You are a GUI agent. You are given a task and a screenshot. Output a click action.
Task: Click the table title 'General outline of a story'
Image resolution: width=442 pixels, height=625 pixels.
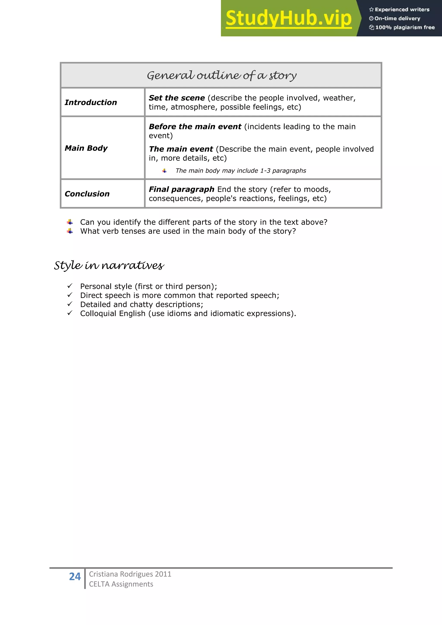pyautogui.click(x=222, y=75)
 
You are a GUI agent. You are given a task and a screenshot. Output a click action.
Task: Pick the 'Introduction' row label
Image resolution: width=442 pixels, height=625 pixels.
pyautogui.click(x=91, y=102)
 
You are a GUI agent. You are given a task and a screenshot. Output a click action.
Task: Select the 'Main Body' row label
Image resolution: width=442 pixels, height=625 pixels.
pyautogui.click(x=86, y=148)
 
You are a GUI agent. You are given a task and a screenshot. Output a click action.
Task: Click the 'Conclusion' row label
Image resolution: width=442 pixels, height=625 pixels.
pyautogui.click(x=87, y=194)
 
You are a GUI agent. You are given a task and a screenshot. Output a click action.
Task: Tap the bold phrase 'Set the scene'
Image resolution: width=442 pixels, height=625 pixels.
pyautogui.click(x=177, y=98)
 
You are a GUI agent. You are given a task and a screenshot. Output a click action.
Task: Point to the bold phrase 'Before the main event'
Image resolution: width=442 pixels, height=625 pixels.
pyautogui.click(x=195, y=127)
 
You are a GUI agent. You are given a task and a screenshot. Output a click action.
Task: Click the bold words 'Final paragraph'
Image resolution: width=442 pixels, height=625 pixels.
pyautogui.click(x=182, y=189)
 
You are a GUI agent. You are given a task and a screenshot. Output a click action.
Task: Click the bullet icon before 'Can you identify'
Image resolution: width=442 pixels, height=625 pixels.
pyautogui.click(x=70, y=222)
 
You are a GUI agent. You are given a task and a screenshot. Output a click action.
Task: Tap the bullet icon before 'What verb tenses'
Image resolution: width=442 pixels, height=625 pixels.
pyautogui.click(x=70, y=231)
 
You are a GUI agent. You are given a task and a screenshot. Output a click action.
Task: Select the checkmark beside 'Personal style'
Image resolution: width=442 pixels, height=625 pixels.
pyautogui.click(x=70, y=286)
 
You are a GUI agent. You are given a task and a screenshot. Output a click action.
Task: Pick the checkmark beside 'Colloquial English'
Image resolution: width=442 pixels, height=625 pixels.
pyautogui.click(x=70, y=313)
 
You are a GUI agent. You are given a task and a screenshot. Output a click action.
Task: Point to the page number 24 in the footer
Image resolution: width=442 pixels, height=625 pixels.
pyautogui.click(x=75, y=576)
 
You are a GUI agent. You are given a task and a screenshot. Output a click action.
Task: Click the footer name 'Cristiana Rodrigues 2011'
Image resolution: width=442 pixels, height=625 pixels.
pyautogui.click(x=130, y=574)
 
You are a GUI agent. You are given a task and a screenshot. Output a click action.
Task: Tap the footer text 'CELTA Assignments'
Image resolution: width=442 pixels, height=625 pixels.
pyautogui.click(x=121, y=584)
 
